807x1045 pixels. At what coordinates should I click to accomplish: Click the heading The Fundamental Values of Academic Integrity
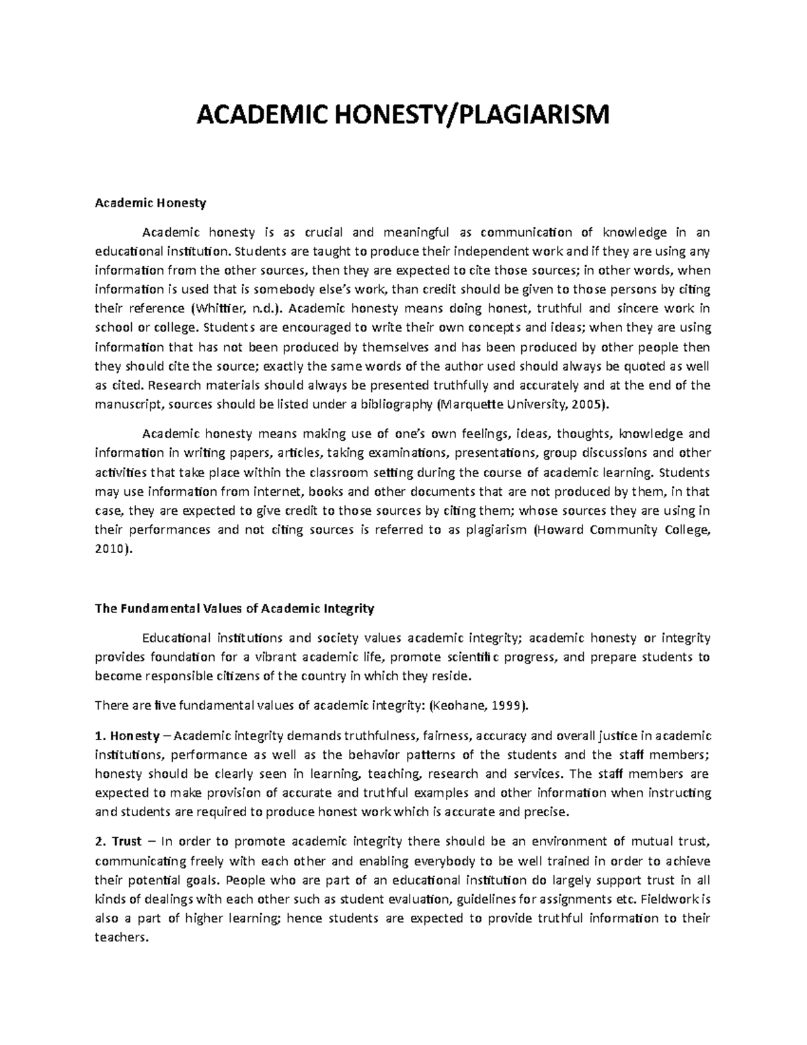pos(234,608)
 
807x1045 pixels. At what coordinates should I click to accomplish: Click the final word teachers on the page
pos(120,937)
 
